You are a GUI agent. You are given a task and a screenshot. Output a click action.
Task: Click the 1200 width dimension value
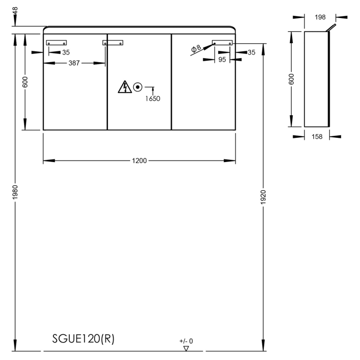[x=139, y=160]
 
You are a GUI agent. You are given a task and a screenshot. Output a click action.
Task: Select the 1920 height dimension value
[x=263, y=195]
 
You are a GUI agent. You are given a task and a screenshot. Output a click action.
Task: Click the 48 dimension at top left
[x=15, y=11]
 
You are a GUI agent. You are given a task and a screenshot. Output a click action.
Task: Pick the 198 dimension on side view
[x=320, y=17]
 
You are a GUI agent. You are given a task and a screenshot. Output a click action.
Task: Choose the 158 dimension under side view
[x=317, y=136]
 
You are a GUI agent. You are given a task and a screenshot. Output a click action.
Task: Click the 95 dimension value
[x=222, y=60]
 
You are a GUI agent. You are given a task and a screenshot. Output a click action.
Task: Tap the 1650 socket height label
[x=152, y=98]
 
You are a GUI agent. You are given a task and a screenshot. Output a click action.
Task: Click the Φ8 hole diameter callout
[x=196, y=49]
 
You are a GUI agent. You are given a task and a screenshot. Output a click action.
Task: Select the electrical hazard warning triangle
[x=124, y=87]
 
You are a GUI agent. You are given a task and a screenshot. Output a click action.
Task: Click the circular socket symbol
[x=137, y=87]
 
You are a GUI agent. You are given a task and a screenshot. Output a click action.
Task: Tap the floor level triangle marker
[x=186, y=348]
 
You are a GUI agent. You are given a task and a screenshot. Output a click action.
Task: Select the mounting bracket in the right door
[x=223, y=43]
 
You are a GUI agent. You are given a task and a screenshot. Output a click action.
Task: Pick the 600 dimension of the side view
[x=292, y=79]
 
